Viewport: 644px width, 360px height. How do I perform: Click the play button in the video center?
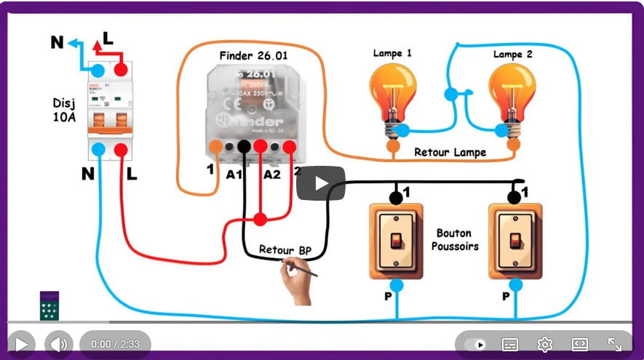pyautogui.click(x=320, y=183)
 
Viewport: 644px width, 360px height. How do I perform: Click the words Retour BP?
pyautogui.click(x=285, y=250)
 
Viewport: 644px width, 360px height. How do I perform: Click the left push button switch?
pyautogui.click(x=396, y=240)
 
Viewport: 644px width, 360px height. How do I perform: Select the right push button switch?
pyautogui.click(x=515, y=240)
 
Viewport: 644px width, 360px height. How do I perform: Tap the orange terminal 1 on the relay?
pyautogui.click(x=215, y=146)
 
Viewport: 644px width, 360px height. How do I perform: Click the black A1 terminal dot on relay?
pyautogui.click(x=244, y=146)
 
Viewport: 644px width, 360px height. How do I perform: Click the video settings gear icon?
pyautogui.click(x=544, y=344)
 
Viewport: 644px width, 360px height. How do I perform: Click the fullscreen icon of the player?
pyautogui.click(x=614, y=344)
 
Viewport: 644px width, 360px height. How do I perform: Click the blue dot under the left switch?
pyautogui.click(x=396, y=284)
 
